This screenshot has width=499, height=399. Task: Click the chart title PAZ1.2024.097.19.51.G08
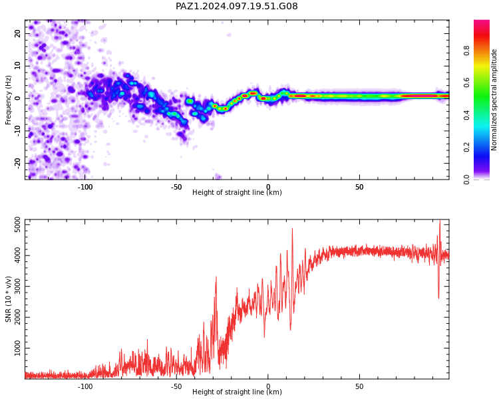click(236, 6)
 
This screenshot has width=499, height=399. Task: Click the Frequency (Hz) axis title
click(8, 100)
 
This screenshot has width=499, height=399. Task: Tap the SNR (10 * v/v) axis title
click(8, 299)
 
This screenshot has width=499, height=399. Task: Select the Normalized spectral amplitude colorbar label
click(494, 100)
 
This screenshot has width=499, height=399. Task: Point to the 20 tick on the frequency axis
click(18, 33)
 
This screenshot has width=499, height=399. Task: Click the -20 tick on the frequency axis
click(18, 163)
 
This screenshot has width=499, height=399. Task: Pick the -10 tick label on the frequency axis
click(18, 130)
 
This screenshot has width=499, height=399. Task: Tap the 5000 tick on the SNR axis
click(18, 225)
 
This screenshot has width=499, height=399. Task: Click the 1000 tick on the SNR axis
click(18, 348)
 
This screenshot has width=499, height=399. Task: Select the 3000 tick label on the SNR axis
click(18, 287)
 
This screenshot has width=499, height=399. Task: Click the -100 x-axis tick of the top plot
click(85, 187)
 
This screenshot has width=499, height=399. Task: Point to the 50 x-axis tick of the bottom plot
click(359, 386)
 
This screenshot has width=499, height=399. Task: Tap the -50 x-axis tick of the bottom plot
click(176, 386)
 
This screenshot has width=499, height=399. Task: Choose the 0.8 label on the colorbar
click(466, 51)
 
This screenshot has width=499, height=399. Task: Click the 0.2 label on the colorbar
click(466, 147)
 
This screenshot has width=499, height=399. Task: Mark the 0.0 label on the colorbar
click(466, 180)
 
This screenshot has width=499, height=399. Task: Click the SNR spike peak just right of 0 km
click(293, 229)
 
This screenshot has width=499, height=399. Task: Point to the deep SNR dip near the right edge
click(438, 298)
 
